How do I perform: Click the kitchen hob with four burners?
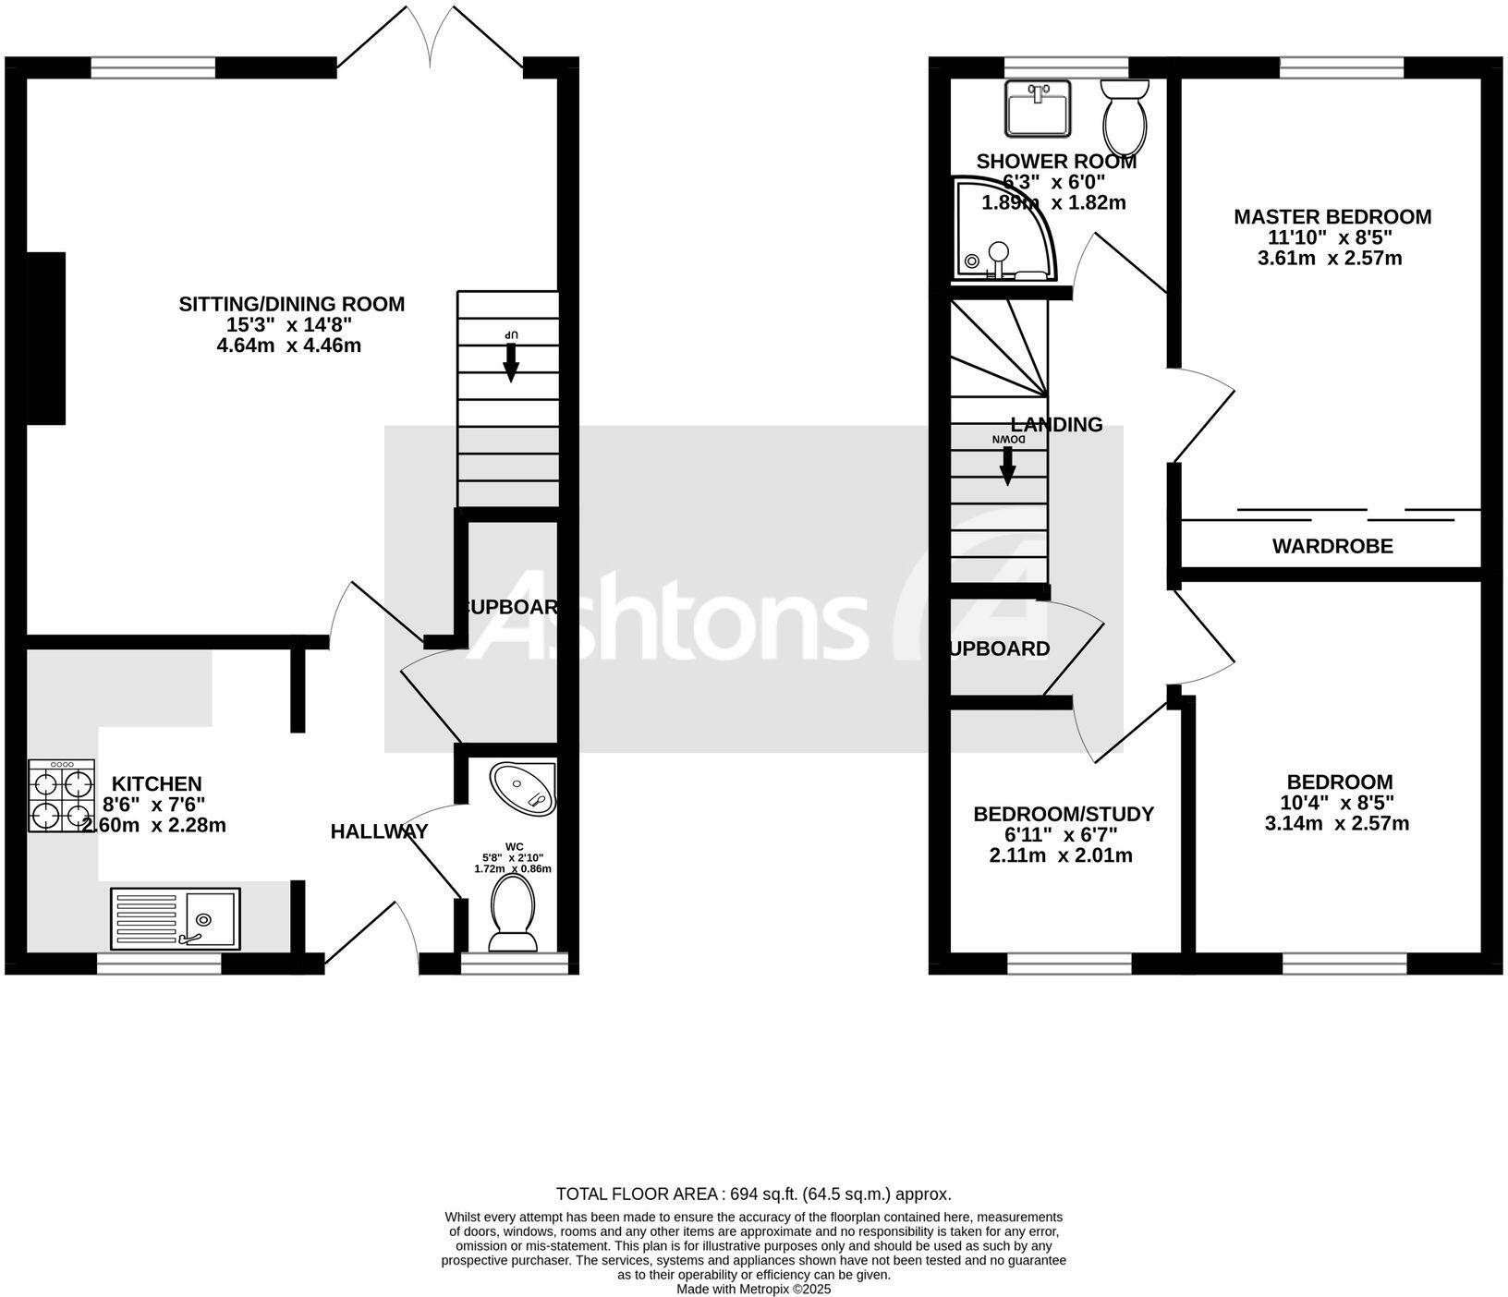pyautogui.click(x=62, y=795)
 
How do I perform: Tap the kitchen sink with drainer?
pyautogui.click(x=175, y=918)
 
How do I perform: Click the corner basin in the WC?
pyautogui.click(x=524, y=788)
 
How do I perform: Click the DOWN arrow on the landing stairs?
pyautogui.click(x=1008, y=467)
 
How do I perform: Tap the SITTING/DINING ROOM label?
pyautogui.click(x=291, y=304)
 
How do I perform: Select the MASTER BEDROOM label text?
pyautogui.click(x=1332, y=217)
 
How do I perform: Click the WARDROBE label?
pyautogui.click(x=1332, y=546)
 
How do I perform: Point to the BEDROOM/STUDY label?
pyautogui.click(x=1064, y=814)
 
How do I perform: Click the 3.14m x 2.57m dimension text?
pyautogui.click(x=1336, y=823)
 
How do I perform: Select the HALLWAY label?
pyautogui.click(x=379, y=831)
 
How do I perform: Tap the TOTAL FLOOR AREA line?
pyautogui.click(x=753, y=1194)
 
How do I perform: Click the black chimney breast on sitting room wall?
pyautogui.click(x=46, y=338)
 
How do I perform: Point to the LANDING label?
pyautogui.click(x=1056, y=425)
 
